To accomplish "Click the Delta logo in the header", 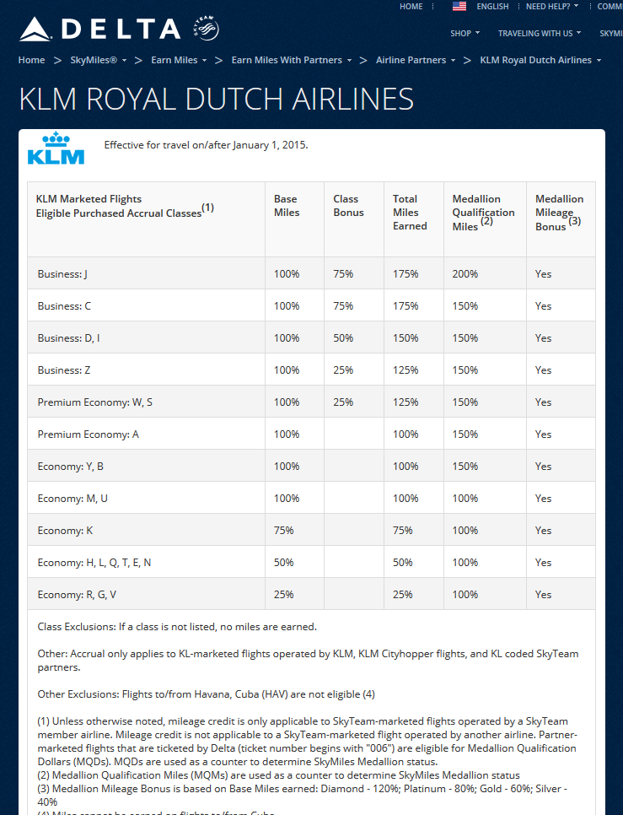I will (99, 30).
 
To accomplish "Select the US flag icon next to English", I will (459, 7).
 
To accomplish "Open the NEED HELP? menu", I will (551, 7).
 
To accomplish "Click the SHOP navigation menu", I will (465, 34).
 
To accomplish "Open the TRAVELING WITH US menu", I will (539, 34).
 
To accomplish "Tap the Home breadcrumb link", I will (32, 61).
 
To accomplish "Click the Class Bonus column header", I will (348, 206).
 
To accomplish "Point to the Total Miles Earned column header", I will (410, 213).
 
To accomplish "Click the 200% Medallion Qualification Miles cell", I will (465, 274).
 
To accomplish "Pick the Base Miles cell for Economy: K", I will (283, 531).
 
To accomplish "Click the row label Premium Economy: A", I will (88, 434).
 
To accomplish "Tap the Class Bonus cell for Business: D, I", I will (343, 338).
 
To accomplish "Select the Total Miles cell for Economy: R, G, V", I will (402, 595).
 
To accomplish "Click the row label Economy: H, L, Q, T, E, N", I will (94, 563).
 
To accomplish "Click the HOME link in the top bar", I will (411, 7).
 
